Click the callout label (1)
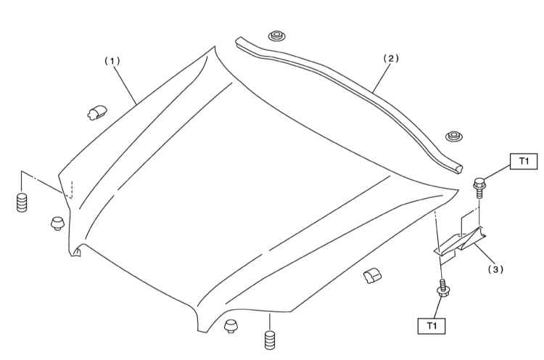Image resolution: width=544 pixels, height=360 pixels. pos(112,62)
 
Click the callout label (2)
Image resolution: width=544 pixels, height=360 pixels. pos(391,58)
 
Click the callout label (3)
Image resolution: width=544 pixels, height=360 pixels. pos(495,269)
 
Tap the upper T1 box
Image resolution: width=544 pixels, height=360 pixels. pos(524,161)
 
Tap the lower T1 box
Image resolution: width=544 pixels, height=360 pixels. pos(432,326)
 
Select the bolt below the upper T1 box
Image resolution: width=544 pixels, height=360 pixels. pos(479,187)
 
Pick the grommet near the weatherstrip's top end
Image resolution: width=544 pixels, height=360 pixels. pos(276,36)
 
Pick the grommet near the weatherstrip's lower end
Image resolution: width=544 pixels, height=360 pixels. pos(453,136)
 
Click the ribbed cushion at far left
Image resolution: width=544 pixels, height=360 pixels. pos(22,202)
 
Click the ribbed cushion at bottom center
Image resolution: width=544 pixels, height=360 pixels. pos(270,340)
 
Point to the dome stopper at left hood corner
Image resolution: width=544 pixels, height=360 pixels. pos(57,224)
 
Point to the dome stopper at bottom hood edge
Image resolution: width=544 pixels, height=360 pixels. pos(231,327)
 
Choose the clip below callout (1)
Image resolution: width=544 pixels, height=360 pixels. pos(96,112)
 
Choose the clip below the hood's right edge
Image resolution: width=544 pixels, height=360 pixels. pos(371,275)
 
